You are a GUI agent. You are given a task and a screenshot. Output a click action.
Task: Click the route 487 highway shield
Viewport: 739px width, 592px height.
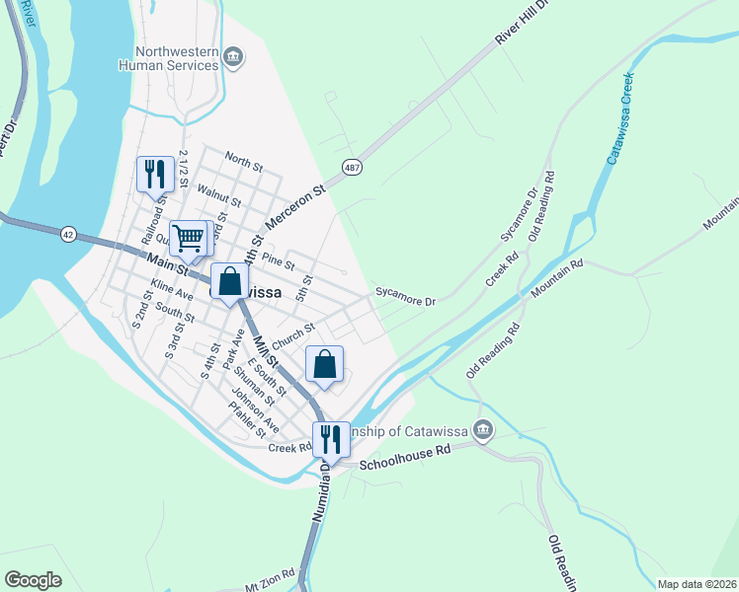point(351,168)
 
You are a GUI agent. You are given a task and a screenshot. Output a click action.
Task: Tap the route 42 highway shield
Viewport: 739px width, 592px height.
point(67,234)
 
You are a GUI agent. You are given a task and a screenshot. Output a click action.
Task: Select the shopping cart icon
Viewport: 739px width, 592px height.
point(188,237)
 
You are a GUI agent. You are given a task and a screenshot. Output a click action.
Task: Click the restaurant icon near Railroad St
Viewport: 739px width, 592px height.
point(155,175)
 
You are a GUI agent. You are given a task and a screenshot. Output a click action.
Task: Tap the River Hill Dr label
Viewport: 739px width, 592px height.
point(520,40)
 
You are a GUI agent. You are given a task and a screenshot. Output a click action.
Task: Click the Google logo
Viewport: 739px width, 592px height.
point(33,579)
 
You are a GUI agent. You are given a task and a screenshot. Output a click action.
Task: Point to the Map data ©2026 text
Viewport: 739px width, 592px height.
point(697,584)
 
